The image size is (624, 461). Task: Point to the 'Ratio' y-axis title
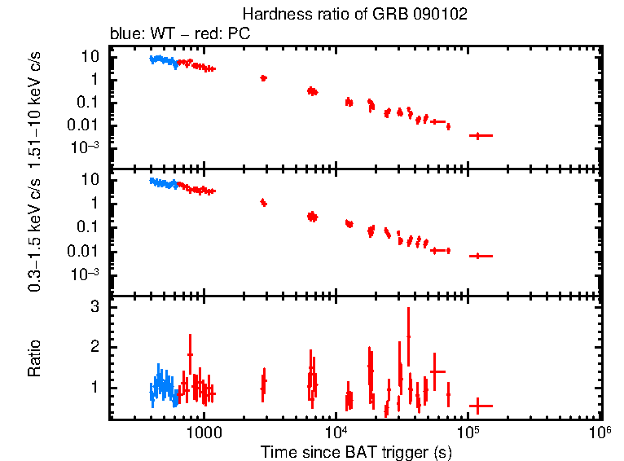34,358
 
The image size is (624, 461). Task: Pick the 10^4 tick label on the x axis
336,433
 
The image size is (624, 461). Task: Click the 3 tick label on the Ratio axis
94,307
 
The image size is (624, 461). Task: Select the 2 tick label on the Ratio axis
94,347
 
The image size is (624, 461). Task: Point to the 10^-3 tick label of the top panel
86,147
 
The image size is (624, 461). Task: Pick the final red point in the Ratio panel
480,405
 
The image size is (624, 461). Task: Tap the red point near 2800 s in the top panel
263,78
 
